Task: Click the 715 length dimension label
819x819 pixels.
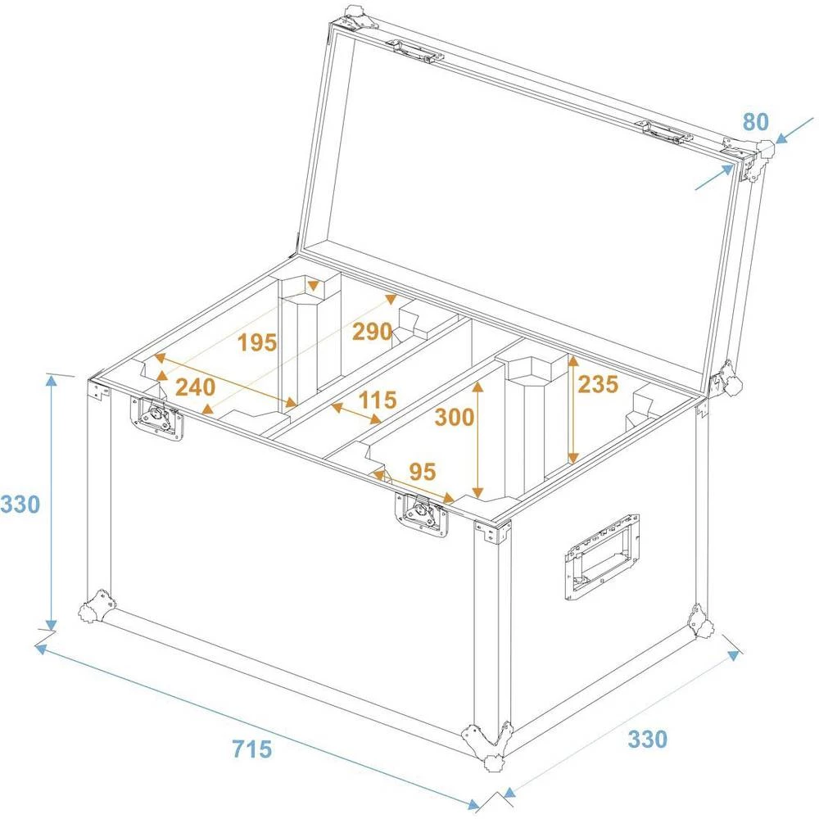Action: click(251, 749)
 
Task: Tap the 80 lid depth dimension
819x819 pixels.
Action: click(755, 122)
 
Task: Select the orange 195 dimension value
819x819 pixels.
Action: click(258, 343)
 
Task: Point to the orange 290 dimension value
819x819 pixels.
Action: click(372, 332)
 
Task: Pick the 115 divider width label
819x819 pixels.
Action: click(378, 400)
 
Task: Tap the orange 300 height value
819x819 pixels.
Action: click(454, 418)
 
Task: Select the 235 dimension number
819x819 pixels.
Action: click(599, 384)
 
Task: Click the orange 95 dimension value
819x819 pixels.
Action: click(423, 472)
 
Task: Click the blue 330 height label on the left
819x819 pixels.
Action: click(20, 505)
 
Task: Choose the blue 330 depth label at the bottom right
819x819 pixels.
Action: click(648, 740)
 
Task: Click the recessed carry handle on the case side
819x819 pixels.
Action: click(600, 559)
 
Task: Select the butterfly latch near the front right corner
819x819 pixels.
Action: click(423, 516)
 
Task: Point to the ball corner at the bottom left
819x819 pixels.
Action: click(97, 607)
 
